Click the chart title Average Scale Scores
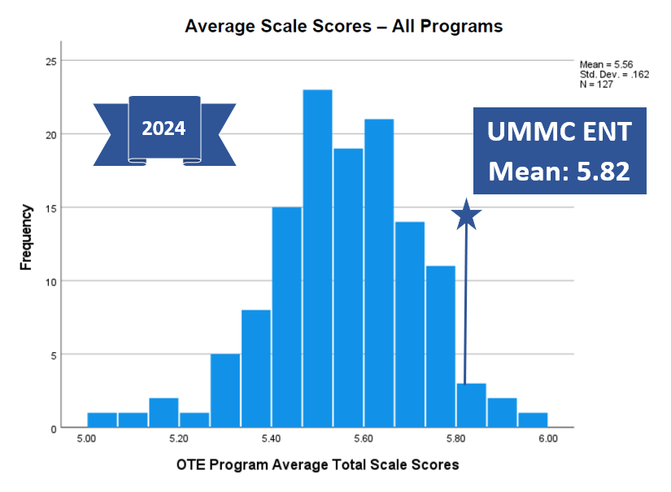click(x=343, y=26)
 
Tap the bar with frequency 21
click(x=379, y=273)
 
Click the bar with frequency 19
click(x=348, y=288)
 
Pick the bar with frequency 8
click(x=256, y=369)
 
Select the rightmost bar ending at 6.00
click(x=533, y=420)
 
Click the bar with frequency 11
click(x=441, y=346)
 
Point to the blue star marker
click(x=467, y=215)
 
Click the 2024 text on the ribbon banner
click(x=163, y=128)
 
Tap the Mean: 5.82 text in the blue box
click(x=560, y=172)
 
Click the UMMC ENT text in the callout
click(x=560, y=133)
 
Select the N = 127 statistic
click(x=597, y=84)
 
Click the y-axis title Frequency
click(x=27, y=237)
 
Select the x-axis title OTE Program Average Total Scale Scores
click(x=317, y=465)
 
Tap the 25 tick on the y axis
click(x=50, y=60)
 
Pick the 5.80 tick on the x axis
click(x=455, y=439)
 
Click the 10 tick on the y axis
click(x=50, y=281)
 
